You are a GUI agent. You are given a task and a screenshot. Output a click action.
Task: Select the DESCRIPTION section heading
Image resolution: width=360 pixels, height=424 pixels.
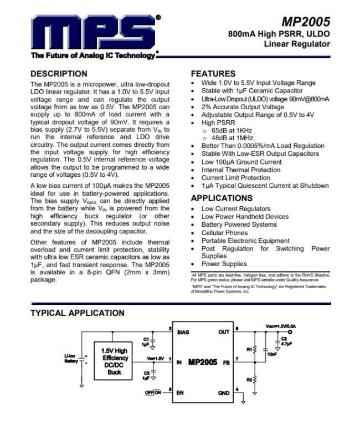point(58,74)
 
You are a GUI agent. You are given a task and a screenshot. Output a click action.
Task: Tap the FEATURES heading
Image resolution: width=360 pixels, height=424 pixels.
point(213,74)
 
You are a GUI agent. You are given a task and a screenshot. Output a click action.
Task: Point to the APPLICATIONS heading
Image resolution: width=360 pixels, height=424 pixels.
point(222,198)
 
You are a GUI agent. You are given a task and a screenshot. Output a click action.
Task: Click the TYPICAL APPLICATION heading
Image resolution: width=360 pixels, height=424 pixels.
point(77,313)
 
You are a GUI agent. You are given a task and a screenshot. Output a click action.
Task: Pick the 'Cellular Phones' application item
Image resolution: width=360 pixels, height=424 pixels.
point(225,233)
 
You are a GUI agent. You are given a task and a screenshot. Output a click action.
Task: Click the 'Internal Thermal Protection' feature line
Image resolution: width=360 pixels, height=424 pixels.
point(241,170)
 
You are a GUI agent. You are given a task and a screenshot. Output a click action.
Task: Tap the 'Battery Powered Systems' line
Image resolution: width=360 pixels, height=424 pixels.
point(239,224)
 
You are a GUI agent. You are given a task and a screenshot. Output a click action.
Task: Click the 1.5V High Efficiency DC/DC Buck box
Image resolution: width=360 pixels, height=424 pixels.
point(114,361)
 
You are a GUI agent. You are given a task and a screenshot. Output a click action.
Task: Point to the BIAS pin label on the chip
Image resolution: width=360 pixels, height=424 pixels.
point(183,333)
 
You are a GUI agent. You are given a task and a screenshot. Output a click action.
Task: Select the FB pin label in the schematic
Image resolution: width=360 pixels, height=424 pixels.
point(226,362)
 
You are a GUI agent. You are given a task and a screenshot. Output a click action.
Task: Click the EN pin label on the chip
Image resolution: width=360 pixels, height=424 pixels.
point(181,393)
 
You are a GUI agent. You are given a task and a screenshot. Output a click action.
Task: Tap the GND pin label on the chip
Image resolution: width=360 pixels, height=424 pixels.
point(224,393)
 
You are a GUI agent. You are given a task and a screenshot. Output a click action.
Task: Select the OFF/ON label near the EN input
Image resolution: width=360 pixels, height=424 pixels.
point(153,392)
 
